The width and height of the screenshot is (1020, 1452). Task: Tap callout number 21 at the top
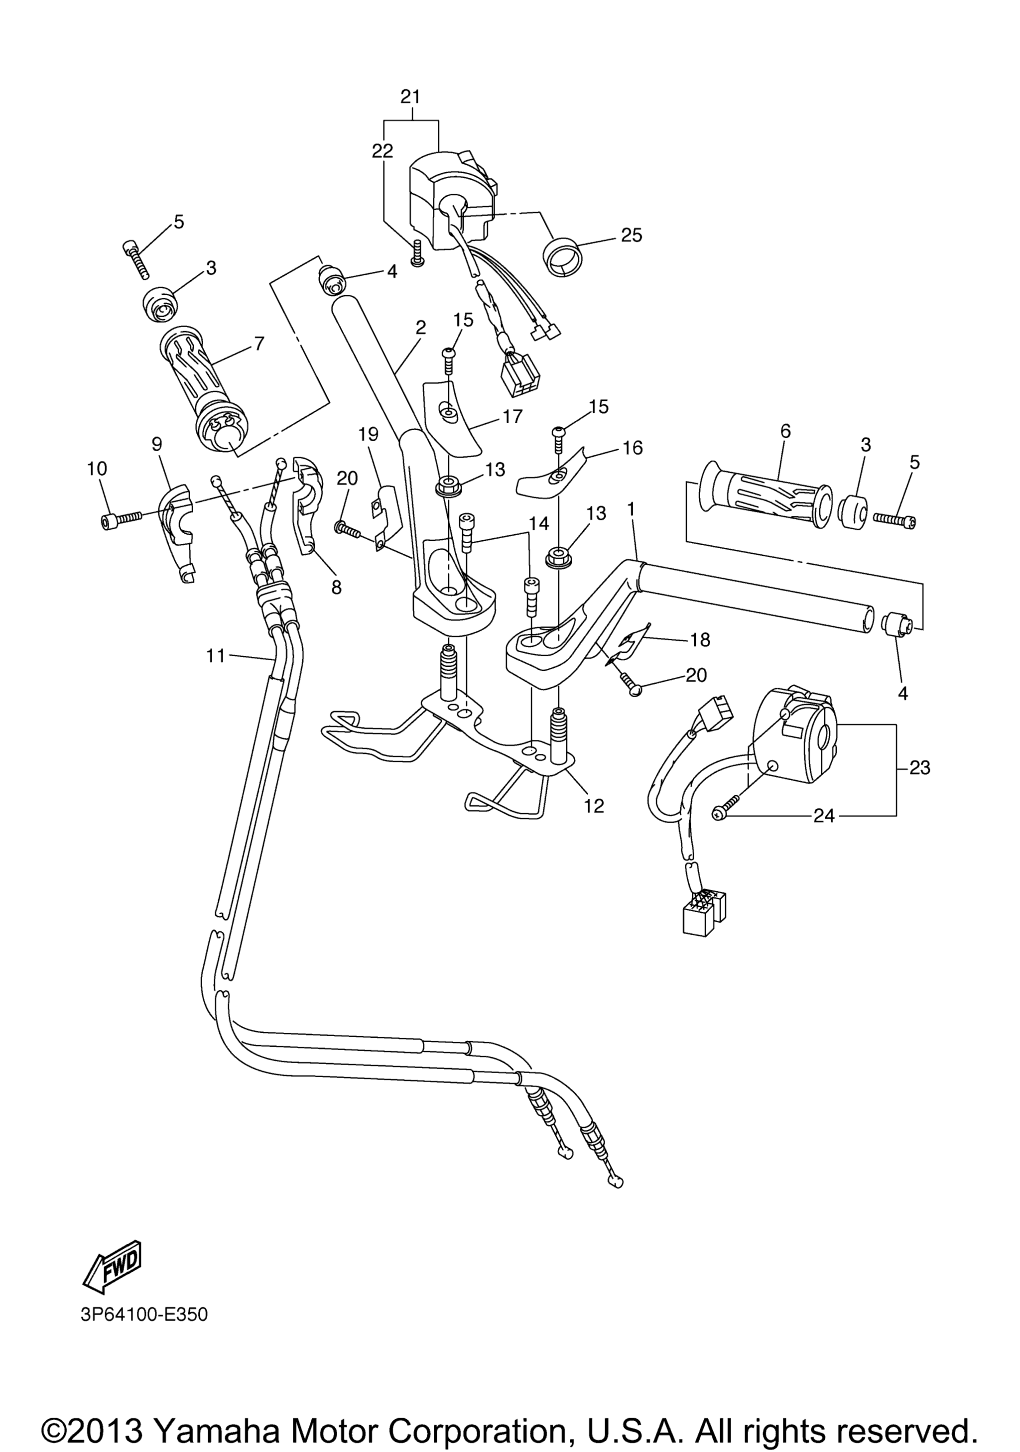[410, 97]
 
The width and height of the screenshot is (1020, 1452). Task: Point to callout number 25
[631, 235]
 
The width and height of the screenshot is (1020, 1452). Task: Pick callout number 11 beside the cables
[216, 656]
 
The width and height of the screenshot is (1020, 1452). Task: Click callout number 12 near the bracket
[595, 806]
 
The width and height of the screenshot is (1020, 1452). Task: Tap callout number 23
[919, 768]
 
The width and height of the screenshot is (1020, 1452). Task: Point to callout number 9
[157, 444]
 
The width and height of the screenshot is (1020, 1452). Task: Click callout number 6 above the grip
[785, 431]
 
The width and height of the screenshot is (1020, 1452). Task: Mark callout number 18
[700, 639]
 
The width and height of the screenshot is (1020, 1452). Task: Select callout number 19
[368, 435]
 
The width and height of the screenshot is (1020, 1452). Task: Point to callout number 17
[513, 416]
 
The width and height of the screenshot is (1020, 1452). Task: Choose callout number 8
[336, 588]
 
